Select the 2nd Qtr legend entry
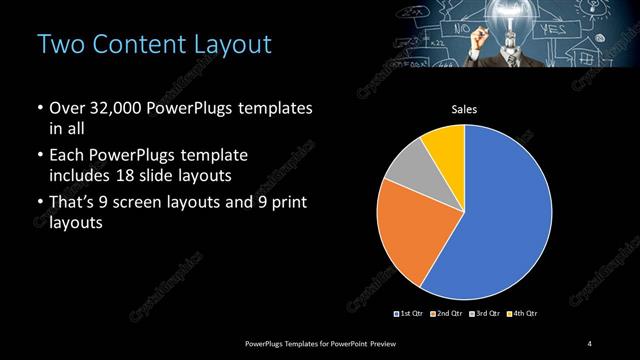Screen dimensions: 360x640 (x=445, y=314)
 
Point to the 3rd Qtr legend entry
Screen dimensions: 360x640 (x=484, y=314)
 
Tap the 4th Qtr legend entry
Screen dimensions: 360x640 (x=523, y=314)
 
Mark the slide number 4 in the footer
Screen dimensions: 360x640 (x=590, y=344)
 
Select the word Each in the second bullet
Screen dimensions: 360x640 (x=66, y=157)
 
